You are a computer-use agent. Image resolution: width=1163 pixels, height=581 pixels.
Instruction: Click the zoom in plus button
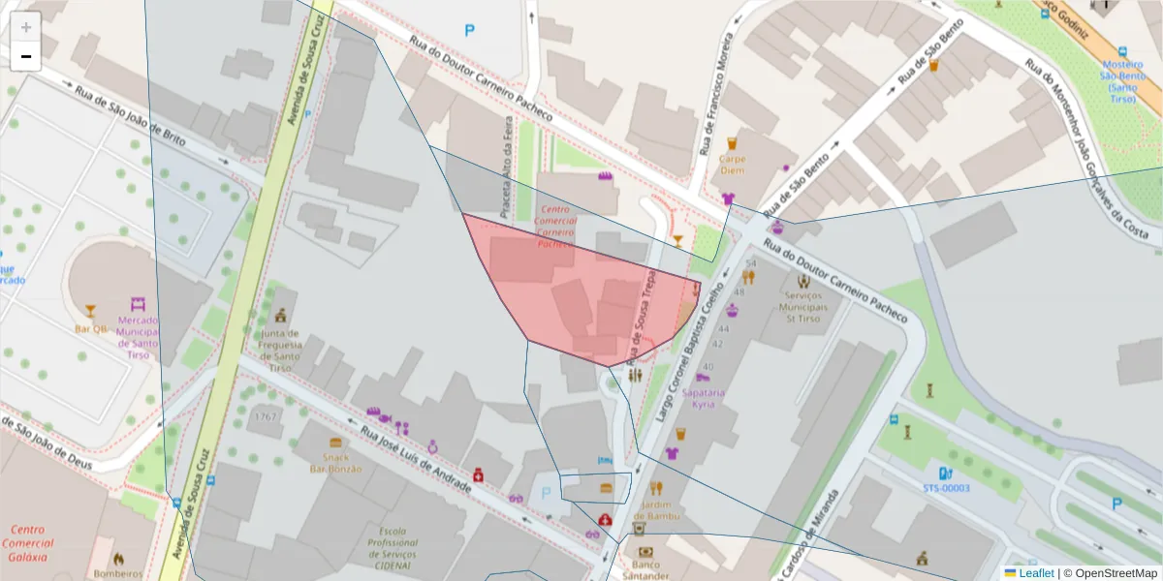(26, 26)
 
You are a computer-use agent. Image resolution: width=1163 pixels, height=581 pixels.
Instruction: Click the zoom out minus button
(26, 56)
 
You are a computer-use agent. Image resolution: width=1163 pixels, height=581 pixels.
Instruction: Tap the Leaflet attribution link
(1035, 572)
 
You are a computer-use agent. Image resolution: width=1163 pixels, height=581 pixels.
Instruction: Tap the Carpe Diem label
(732, 165)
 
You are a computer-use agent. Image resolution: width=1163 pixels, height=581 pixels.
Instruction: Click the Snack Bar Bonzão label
(335, 463)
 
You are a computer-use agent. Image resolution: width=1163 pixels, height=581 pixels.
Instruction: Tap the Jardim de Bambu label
(656, 509)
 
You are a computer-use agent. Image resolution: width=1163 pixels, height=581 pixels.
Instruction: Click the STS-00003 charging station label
(946, 488)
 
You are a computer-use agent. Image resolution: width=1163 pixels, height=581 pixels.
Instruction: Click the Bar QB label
(90, 328)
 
